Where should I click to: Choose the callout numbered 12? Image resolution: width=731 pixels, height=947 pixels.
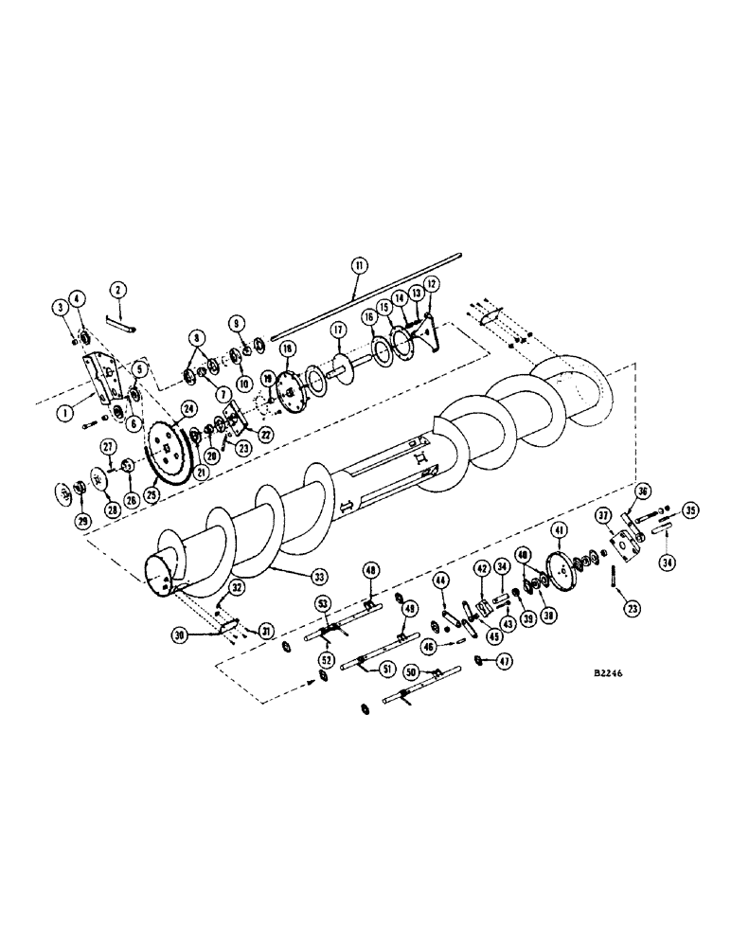click(x=432, y=283)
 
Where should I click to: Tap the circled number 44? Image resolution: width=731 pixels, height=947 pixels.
click(x=439, y=580)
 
